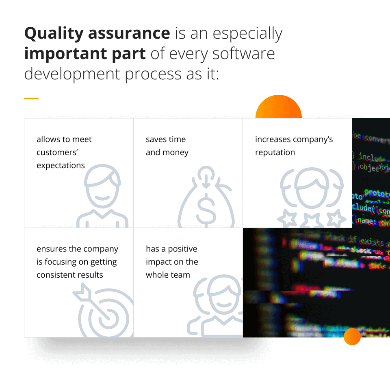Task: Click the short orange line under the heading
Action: tap(31, 98)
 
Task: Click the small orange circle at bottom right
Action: tap(352, 337)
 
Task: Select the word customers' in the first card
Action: tap(57, 152)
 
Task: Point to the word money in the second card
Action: tap(176, 152)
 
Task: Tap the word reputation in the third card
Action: tap(275, 152)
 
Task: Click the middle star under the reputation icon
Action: tap(311, 220)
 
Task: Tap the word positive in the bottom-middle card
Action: tap(182, 249)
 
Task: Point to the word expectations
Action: tap(61, 165)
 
